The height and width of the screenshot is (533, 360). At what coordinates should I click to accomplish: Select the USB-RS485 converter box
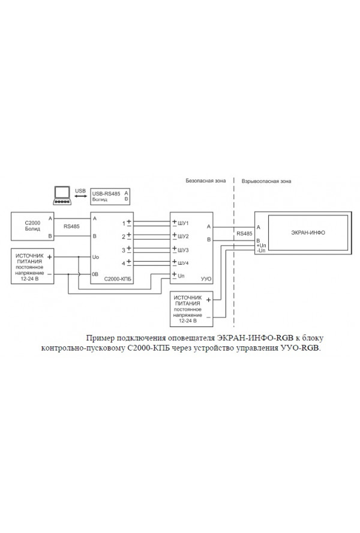[x=110, y=196]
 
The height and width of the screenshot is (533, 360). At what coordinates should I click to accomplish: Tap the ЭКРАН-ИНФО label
[x=308, y=231]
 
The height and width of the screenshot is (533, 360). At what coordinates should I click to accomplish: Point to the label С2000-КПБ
[x=117, y=279]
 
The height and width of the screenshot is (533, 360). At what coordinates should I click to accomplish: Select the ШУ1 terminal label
[x=184, y=223]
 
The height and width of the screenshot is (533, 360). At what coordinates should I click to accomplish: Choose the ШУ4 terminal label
[x=184, y=263]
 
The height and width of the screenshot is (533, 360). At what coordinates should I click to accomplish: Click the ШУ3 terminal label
[x=184, y=250]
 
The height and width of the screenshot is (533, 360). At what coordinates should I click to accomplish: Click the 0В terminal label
[x=95, y=274]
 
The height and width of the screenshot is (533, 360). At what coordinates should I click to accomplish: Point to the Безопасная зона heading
[x=205, y=179]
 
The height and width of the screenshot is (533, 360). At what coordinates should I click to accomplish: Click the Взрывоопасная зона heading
[x=265, y=179]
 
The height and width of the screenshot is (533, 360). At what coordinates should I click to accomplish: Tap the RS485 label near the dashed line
[x=244, y=234]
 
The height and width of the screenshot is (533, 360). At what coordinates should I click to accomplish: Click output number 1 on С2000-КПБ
[x=124, y=223]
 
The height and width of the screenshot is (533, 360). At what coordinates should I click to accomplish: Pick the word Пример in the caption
[x=99, y=338]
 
